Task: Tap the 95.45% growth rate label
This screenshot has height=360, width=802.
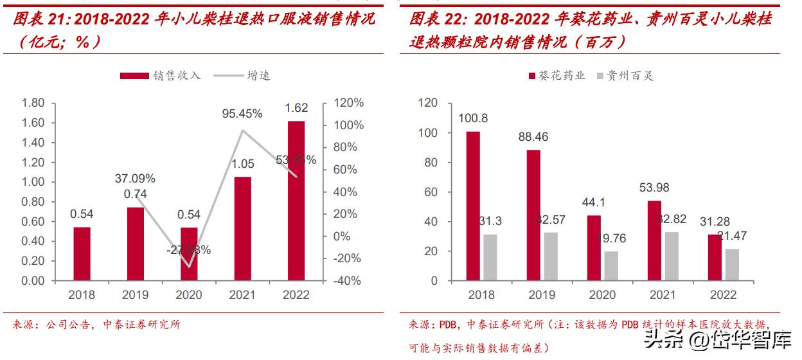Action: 242,114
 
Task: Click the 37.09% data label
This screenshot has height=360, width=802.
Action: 135,178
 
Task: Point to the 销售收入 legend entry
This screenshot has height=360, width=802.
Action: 161,75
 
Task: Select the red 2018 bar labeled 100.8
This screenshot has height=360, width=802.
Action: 472,206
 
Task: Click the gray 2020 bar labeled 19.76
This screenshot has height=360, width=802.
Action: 610,265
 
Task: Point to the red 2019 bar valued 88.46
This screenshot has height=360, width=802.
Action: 533,215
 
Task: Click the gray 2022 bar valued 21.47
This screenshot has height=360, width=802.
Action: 731,264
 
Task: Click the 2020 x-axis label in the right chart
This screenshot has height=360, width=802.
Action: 602,295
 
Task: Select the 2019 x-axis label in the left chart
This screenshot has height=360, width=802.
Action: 135,295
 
